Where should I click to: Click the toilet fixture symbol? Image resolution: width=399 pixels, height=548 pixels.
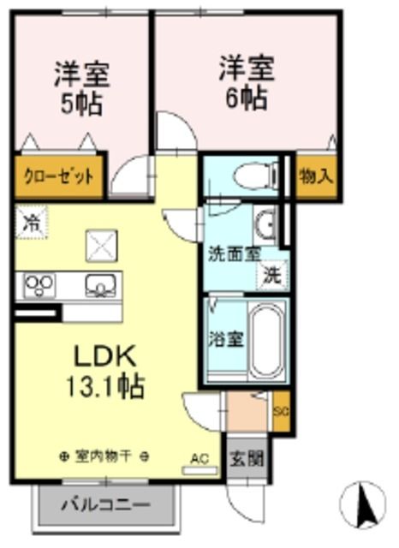pyautogui.click(x=253, y=175)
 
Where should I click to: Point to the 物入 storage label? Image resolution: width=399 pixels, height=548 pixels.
pyautogui.click(x=316, y=176)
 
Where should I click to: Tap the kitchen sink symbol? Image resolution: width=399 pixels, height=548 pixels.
pyautogui.click(x=101, y=283)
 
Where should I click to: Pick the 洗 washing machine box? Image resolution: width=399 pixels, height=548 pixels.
pyautogui.click(x=272, y=277)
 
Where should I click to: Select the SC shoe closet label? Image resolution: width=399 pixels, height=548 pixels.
pyautogui.click(x=280, y=411)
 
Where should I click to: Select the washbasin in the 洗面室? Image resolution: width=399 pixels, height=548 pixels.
pyautogui.click(x=266, y=225)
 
